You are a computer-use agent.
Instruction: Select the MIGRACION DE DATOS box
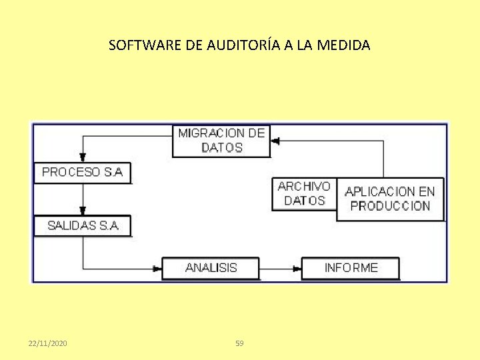point(221,141)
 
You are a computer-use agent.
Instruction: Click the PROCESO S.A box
point(83,173)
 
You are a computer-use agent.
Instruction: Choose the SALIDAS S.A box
point(83,226)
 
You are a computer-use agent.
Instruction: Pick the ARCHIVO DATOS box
point(304,194)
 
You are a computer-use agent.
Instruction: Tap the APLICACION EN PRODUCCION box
point(390,199)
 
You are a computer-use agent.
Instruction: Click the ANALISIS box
point(211,268)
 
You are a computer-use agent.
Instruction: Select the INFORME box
point(351,268)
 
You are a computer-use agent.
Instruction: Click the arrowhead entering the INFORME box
point(297,269)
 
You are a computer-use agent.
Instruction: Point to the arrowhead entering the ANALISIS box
point(158,269)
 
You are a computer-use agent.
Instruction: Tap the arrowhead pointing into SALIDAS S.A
point(83,211)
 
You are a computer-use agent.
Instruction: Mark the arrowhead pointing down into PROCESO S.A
point(83,158)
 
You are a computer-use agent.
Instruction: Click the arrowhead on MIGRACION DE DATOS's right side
point(277,141)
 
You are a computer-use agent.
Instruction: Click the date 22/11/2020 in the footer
point(47,343)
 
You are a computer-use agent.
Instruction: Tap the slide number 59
point(240,343)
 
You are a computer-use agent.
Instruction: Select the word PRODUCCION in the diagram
point(390,206)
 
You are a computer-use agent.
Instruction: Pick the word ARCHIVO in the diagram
point(304,187)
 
